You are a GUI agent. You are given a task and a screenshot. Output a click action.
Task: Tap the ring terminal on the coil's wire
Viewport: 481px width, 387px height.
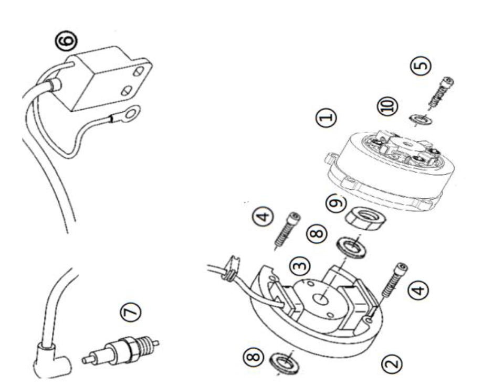[130, 113]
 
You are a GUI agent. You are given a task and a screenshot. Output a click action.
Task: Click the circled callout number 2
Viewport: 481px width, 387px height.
[392, 362]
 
